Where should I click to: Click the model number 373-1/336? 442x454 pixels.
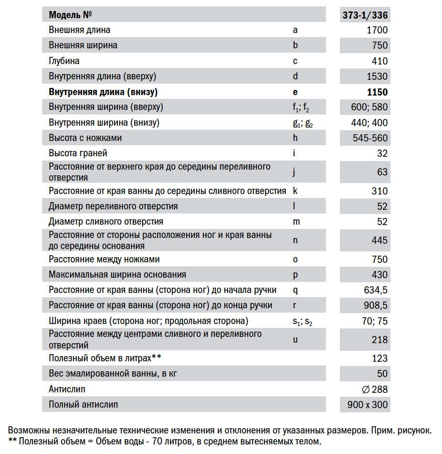tap(365, 15)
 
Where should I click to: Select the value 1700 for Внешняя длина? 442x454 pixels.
tap(377, 30)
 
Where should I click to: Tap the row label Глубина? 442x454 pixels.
tap(64, 61)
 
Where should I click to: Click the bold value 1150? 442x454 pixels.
tap(377, 92)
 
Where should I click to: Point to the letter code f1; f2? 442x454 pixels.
tap(301, 108)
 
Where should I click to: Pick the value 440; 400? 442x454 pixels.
tap(369, 123)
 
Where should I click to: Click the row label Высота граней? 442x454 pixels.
tap(78, 153)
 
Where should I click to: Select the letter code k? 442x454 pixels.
tap(295, 191)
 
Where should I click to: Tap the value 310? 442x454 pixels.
tap(379, 191)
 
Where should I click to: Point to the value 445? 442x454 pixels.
tap(379, 240)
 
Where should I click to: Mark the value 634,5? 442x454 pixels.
tap(376, 290)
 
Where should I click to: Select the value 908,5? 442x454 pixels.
tap(376, 305)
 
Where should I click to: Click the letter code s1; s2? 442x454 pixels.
tap(302, 322)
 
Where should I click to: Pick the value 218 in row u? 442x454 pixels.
tap(379, 340)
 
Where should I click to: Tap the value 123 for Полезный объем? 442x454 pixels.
tap(379, 358)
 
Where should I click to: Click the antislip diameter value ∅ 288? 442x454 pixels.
tap(375, 389)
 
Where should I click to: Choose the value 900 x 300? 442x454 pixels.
tap(368, 405)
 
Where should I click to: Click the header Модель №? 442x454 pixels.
tap(70, 15)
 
